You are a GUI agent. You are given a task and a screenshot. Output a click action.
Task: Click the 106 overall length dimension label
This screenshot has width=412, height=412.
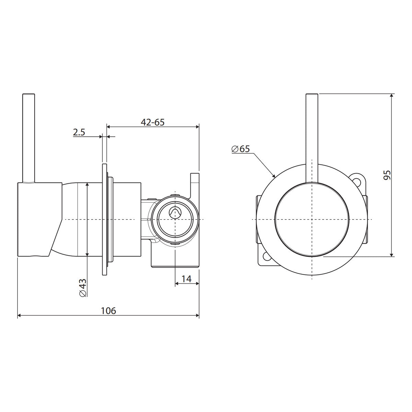pos(108,311)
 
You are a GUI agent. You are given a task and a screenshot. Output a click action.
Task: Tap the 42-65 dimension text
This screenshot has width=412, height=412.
pos(153,122)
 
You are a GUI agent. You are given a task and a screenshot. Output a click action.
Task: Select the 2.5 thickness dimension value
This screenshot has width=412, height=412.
pos(79,132)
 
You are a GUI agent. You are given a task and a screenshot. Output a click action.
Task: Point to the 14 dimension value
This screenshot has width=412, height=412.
pos(186,279)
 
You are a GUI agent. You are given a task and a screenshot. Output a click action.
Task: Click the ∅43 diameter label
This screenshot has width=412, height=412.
pos(83,288)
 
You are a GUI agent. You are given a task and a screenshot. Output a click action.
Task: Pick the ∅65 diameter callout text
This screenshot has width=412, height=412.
pos(241,149)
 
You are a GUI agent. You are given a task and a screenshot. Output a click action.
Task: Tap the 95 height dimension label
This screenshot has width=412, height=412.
pos(387,175)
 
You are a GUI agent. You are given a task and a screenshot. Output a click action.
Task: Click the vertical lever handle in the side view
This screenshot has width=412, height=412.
pos(28,138)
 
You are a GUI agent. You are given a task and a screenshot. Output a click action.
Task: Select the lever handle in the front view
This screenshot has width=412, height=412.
pos(312,138)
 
